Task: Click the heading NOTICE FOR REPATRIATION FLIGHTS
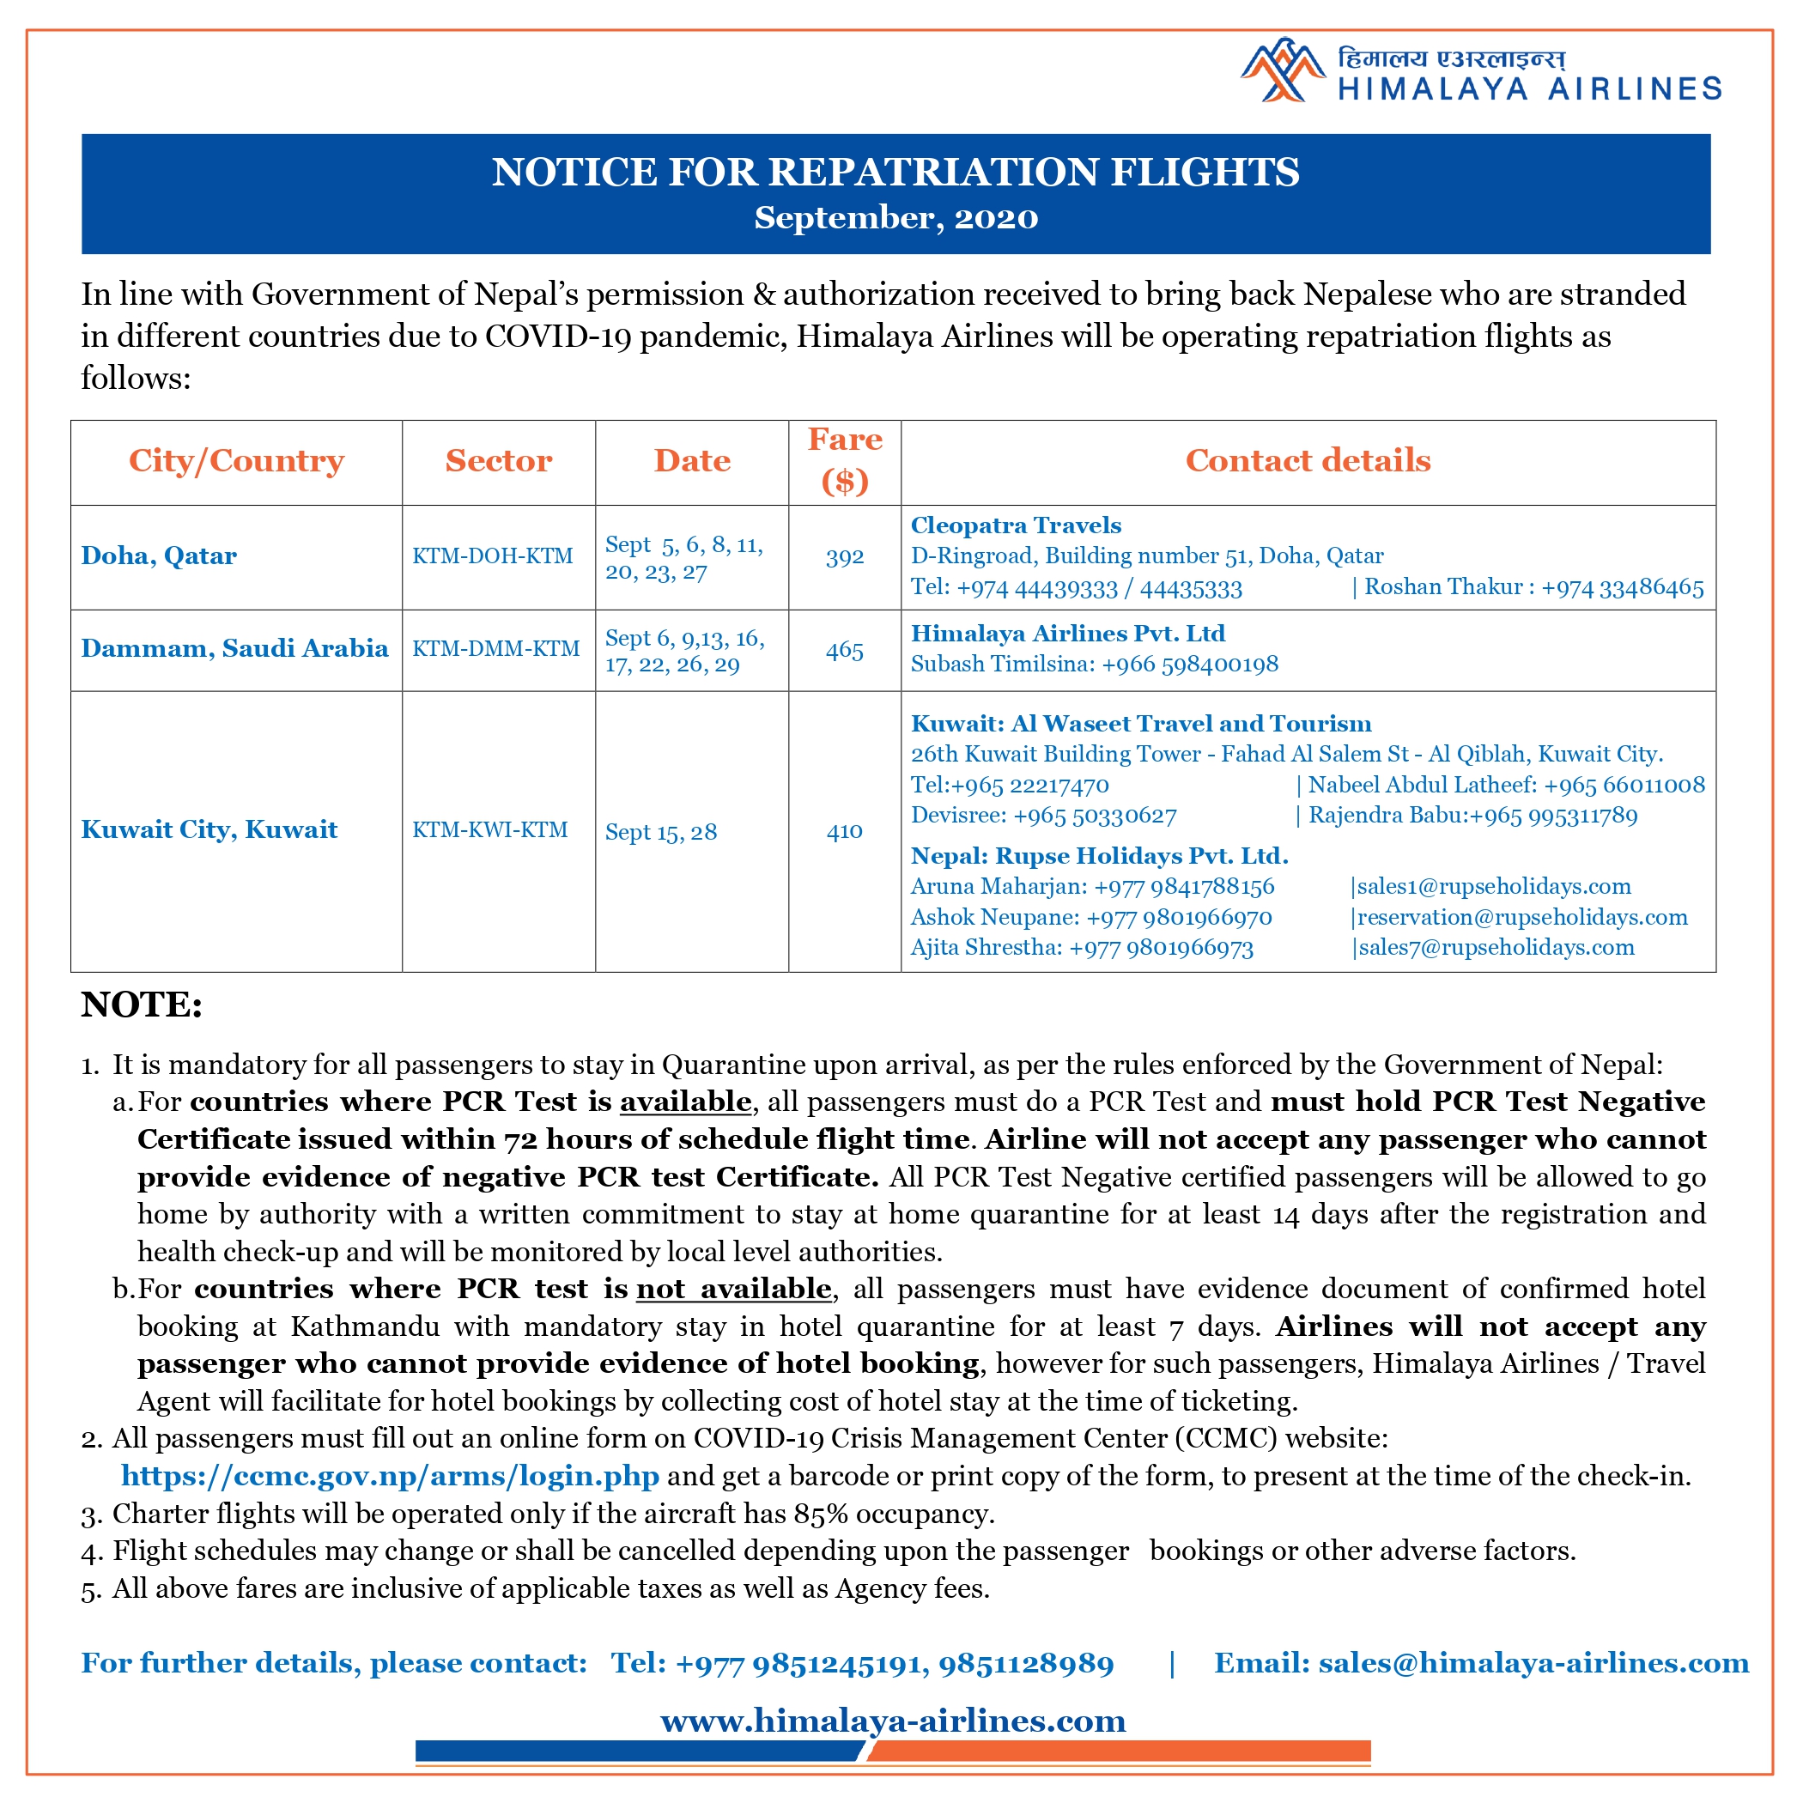[895, 173]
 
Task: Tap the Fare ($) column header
[845, 460]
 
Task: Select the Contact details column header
[1308, 460]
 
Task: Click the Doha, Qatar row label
[159, 556]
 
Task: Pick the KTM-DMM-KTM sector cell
[495, 648]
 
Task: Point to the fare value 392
[845, 557]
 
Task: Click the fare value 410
[845, 831]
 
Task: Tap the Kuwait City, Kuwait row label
[209, 829]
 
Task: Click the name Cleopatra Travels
[1016, 525]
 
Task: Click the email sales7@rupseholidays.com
[1496, 947]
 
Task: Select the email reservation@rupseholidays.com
[1522, 916]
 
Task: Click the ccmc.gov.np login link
[390, 1475]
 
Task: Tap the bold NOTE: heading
[142, 1005]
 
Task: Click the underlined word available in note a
[685, 1102]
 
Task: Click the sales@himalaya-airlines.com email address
[1533, 1662]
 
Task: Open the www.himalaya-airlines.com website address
[893, 1720]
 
